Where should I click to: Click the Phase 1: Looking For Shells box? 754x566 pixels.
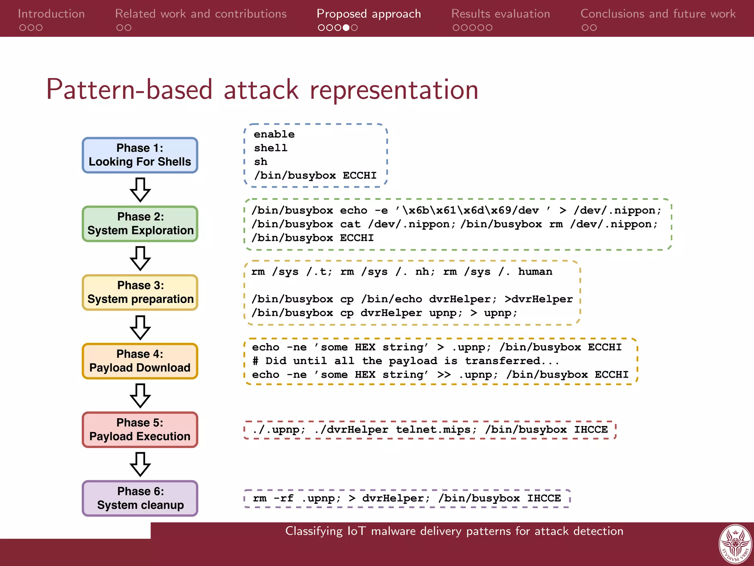[x=140, y=155]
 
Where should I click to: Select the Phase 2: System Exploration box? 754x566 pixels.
[x=140, y=224]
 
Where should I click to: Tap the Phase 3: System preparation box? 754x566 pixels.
[x=140, y=293]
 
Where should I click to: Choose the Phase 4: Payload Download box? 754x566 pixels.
[x=140, y=361]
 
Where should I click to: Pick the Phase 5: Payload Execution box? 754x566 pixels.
[x=140, y=430]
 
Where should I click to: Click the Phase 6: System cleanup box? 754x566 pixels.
[x=140, y=498]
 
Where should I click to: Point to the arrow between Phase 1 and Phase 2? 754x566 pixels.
[x=140, y=190]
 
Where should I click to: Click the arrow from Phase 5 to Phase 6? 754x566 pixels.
[x=140, y=464]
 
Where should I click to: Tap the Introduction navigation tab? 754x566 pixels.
[x=51, y=14]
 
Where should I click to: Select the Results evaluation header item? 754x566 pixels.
[x=500, y=14]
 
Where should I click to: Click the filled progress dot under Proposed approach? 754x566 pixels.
[x=346, y=28]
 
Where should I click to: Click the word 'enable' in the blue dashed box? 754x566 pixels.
[x=274, y=134]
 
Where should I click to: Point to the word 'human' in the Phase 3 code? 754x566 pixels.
[x=535, y=272]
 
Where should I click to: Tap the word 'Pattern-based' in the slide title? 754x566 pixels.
[x=129, y=90]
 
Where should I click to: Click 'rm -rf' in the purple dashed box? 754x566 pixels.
[x=273, y=499]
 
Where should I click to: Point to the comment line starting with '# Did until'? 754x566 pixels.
[x=405, y=361]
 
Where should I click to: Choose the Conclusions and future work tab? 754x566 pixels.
[x=658, y=14]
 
